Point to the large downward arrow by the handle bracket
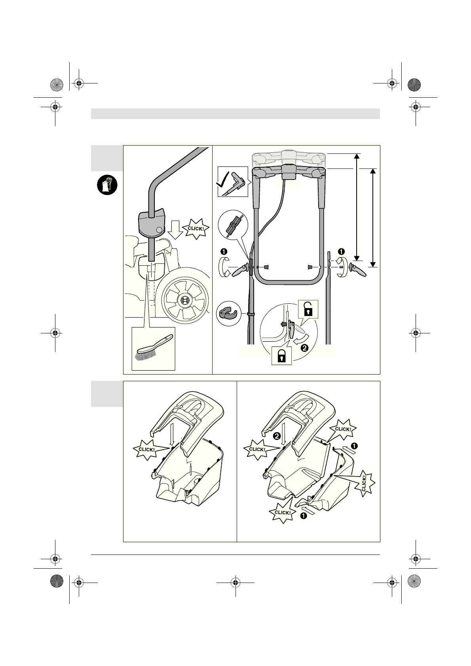point(174,231)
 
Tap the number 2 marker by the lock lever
point(304,348)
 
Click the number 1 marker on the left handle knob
point(224,252)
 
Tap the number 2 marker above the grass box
point(276,436)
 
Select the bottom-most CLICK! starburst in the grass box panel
point(283,513)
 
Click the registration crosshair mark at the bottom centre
point(235,582)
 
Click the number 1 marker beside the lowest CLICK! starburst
point(304,516)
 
